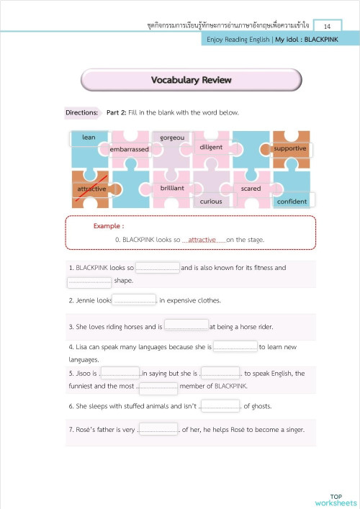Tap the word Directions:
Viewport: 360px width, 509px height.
tap(81, 113)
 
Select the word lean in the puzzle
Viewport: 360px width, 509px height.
tap(89, 138)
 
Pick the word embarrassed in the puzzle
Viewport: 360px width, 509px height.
tap(129, 149)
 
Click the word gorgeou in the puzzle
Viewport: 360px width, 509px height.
tap(172, 138)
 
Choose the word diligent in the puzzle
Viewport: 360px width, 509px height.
tap(211, 148)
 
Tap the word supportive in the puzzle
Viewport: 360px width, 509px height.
tap(290, 148)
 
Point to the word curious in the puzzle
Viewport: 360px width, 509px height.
tap(211, 202)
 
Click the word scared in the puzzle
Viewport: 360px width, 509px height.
tap(251, 189)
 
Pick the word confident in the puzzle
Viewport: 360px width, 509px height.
tap(292, 202)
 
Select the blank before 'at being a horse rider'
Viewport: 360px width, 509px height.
tap(186, 327)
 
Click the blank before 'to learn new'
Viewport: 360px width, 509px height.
tap(235, 347)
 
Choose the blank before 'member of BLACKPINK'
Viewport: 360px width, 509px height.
tap(156, 387)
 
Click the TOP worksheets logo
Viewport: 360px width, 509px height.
tap(335, 499)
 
